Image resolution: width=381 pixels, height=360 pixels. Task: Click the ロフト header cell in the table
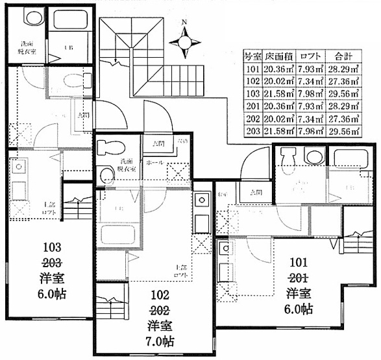point(310,56)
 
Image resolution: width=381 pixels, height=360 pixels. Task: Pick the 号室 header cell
point(252,56)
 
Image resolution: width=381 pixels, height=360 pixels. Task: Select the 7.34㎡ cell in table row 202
point(310,119)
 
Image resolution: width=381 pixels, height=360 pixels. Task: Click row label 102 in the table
point(252,81)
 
